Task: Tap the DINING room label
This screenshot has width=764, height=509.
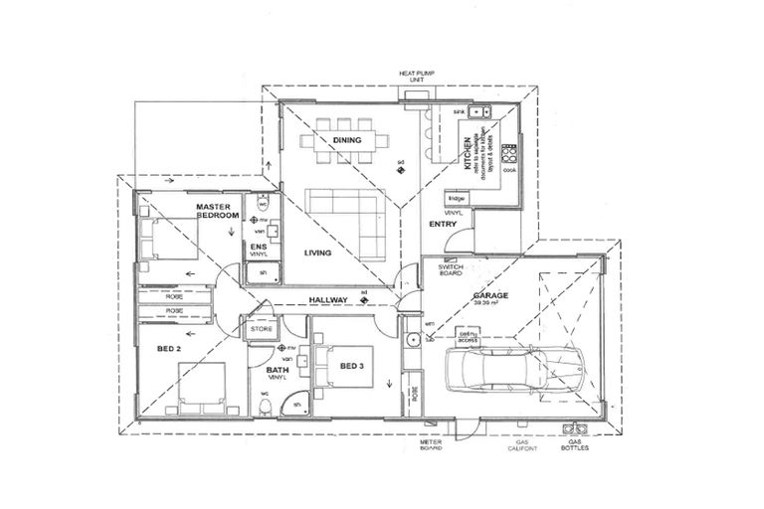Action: tap(347, 140)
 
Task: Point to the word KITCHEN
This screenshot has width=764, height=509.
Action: tap(465, 155)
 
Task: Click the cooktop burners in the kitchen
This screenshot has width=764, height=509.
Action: tap(510, 154)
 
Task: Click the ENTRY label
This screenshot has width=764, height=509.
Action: tap(442, 225)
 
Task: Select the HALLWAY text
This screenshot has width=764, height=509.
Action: tap(327, 299)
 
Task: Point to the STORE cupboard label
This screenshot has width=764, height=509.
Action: tap(261, 328)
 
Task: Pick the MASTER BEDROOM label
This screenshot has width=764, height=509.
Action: tap(214, 211)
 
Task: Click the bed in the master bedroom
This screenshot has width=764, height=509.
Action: tap(168, 239)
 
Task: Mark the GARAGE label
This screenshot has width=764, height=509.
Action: tap(490, 295)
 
